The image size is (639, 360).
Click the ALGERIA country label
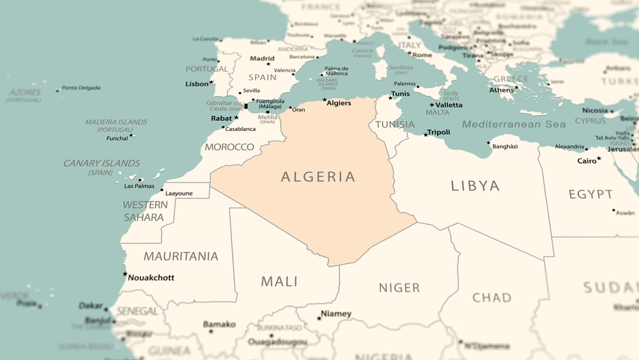pos(318,176)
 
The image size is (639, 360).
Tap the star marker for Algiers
pos(325,100)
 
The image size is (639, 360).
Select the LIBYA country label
pos(475,185)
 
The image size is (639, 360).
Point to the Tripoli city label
pos(439,132)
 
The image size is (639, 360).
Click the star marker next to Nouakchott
pos(125,274)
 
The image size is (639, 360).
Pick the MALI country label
pos(279,281)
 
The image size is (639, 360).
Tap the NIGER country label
pos(399,287)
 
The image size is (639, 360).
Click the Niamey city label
pos(336,313)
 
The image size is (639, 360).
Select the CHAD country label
pos(492,297)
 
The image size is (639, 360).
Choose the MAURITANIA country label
pos(181,256)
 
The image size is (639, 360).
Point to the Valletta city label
pos(449,105)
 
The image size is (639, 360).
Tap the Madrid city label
pos(262,58)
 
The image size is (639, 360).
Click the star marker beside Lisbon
pos(212,82)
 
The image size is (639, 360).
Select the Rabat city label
pos(222,118)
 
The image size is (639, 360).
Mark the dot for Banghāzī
pos(488,143)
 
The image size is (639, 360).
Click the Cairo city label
pos(587,160)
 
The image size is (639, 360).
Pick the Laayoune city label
pos(179,193)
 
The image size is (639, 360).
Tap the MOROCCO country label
pos(229,147)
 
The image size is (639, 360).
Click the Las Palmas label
pos(139,186)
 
